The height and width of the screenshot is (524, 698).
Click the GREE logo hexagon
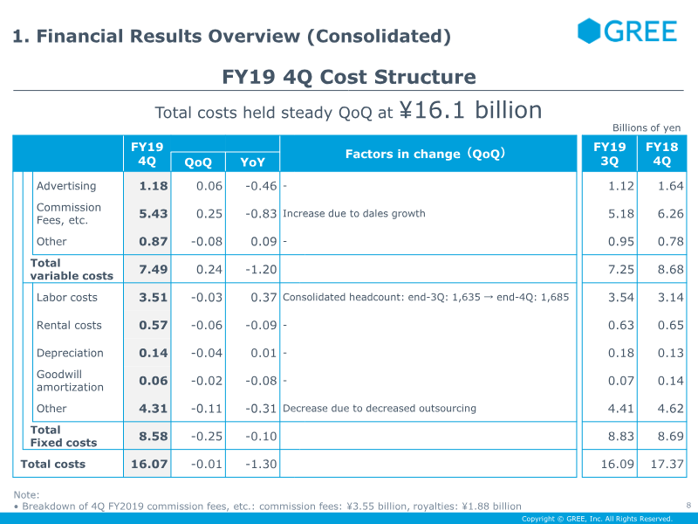589,31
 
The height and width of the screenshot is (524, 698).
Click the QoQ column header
198,162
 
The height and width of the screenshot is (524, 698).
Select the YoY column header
252,162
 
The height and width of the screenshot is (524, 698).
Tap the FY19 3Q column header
609,154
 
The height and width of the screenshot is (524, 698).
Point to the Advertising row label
66,186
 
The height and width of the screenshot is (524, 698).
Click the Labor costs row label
67,297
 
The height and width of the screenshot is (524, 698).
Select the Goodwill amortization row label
70,381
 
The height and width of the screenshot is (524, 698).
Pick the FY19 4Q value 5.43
154,213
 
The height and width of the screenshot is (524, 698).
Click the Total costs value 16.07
149,464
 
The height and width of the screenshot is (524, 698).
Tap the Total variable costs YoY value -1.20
261,269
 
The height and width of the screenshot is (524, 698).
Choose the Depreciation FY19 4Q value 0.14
154,353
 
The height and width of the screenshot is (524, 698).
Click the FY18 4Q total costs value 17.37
667,464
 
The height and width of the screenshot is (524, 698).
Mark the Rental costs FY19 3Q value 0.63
621,325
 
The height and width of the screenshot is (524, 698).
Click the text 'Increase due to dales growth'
354,213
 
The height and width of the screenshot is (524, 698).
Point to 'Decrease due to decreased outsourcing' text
380,408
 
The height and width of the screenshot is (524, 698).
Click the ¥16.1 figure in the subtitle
432,110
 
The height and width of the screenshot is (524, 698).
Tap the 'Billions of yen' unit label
647,128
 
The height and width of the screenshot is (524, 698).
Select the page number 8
688,506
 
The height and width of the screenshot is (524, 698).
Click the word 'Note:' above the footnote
26,494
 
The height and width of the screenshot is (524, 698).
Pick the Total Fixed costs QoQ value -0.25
207,436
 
